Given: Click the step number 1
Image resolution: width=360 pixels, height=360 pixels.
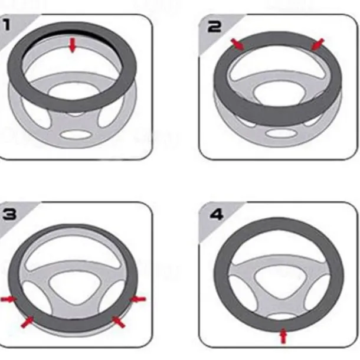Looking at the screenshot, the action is [x=6, y=25].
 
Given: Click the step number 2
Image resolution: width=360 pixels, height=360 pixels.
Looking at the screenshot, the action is [x=214, y=27].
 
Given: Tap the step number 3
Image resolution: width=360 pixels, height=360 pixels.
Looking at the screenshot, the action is [x=9, y=214].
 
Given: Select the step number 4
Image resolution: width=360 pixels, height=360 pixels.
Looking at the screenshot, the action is [x=217, y=215].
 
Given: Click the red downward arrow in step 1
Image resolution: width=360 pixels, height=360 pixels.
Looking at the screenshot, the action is [x=73, y=45].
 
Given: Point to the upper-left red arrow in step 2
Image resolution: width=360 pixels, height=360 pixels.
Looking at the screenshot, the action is [x=238, y=44].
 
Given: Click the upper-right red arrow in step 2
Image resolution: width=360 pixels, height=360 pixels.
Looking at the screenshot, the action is [x=318, y=44].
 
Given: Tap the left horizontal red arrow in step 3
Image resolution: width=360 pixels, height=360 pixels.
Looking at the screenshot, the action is [x=9, y=299].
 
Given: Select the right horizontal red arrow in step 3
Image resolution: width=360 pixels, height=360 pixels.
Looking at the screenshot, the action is [x=138, y=299].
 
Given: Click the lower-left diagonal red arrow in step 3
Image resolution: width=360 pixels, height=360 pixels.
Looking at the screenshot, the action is [x=27, y=322].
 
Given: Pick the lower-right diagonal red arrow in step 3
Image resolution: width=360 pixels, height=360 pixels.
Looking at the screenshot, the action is [x=118, y=322].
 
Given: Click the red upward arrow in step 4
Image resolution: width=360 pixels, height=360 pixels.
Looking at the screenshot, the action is [x=284, y=336].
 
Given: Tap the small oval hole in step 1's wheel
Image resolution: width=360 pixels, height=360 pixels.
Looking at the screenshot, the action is [x=76, y=135].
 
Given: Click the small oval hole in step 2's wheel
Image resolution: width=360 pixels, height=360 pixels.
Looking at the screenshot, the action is [x=280, y=133].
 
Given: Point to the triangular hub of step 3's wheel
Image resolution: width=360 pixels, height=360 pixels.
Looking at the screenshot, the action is [x=75, y=287].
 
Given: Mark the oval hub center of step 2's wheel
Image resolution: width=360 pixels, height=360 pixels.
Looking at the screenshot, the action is [x=280, y=93].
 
